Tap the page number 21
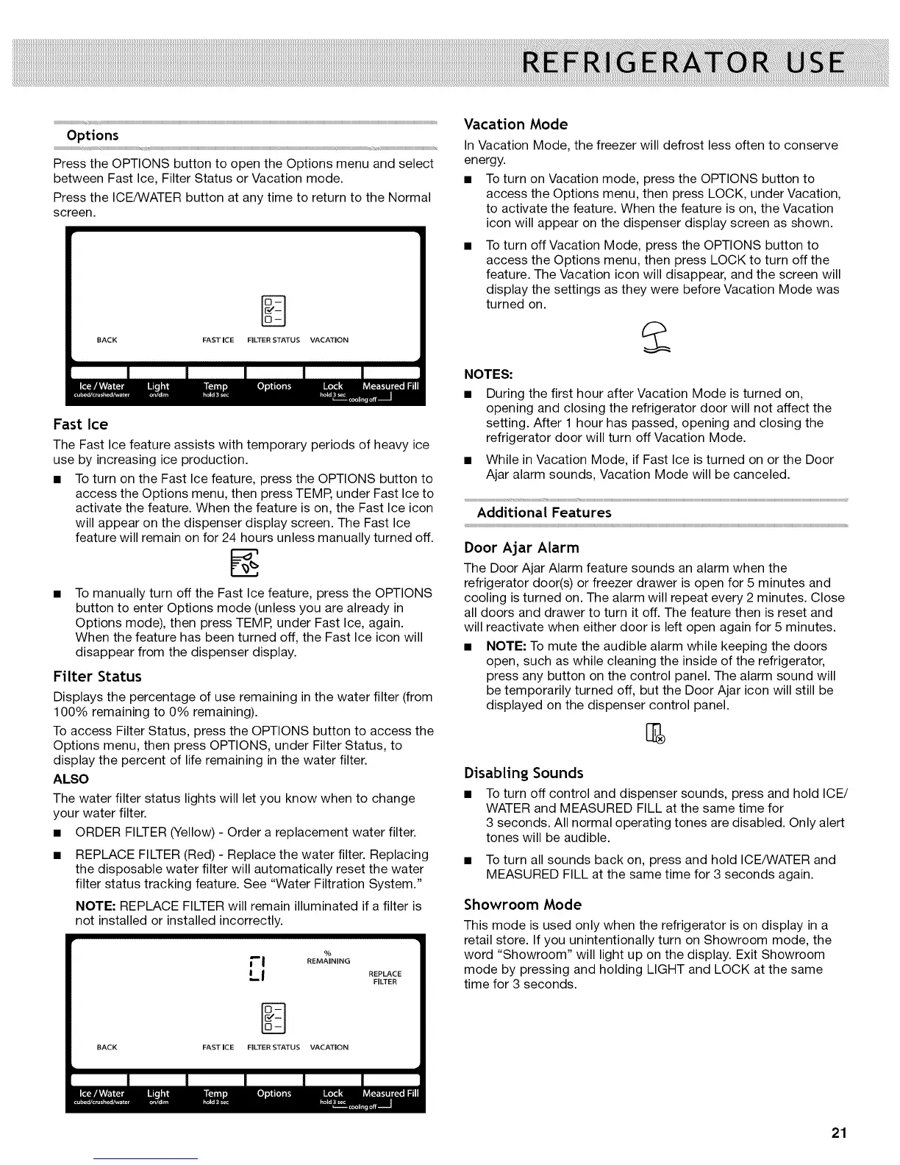[x=839, y=1133]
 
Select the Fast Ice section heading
[x=80, y=424]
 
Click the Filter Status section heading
[x=97, y=676]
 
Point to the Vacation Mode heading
[x=515, y=124]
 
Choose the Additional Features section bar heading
[x=543, y=512]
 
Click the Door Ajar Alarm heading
[x=521, y=547]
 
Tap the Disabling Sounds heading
[x=524, y=772]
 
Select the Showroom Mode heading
[x=522, y=904]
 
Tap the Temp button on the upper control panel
[x=215, y=387]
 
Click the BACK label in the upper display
[x=107, y=340]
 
